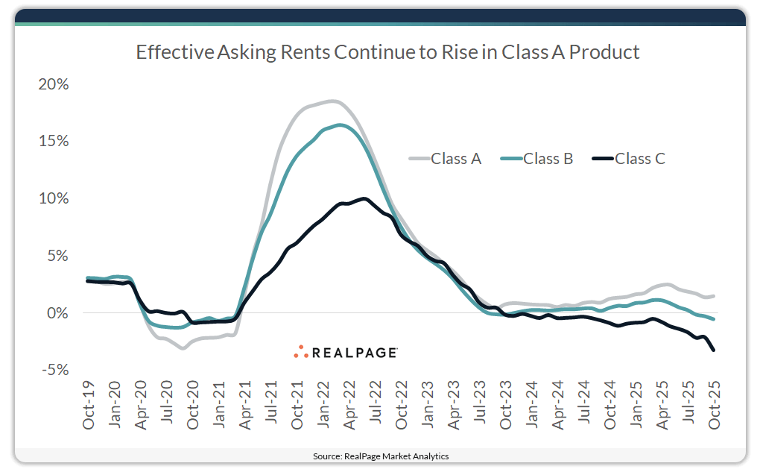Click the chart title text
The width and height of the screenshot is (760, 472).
click(387, 52)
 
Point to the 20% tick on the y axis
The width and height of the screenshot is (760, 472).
click(54, 84)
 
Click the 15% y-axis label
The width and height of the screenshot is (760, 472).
click(54, 142)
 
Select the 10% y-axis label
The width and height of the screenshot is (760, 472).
click(54, 198)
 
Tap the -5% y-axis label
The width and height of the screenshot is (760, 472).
click(54, 370)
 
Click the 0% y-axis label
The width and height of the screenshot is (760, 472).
click(57, 313)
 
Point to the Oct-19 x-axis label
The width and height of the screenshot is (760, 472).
click(89, 403)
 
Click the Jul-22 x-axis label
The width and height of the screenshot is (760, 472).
click(376, 403)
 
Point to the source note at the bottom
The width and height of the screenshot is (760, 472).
click(380, 456)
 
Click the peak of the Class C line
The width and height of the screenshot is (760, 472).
click(364, 198)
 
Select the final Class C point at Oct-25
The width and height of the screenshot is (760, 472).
click(714, 350)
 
